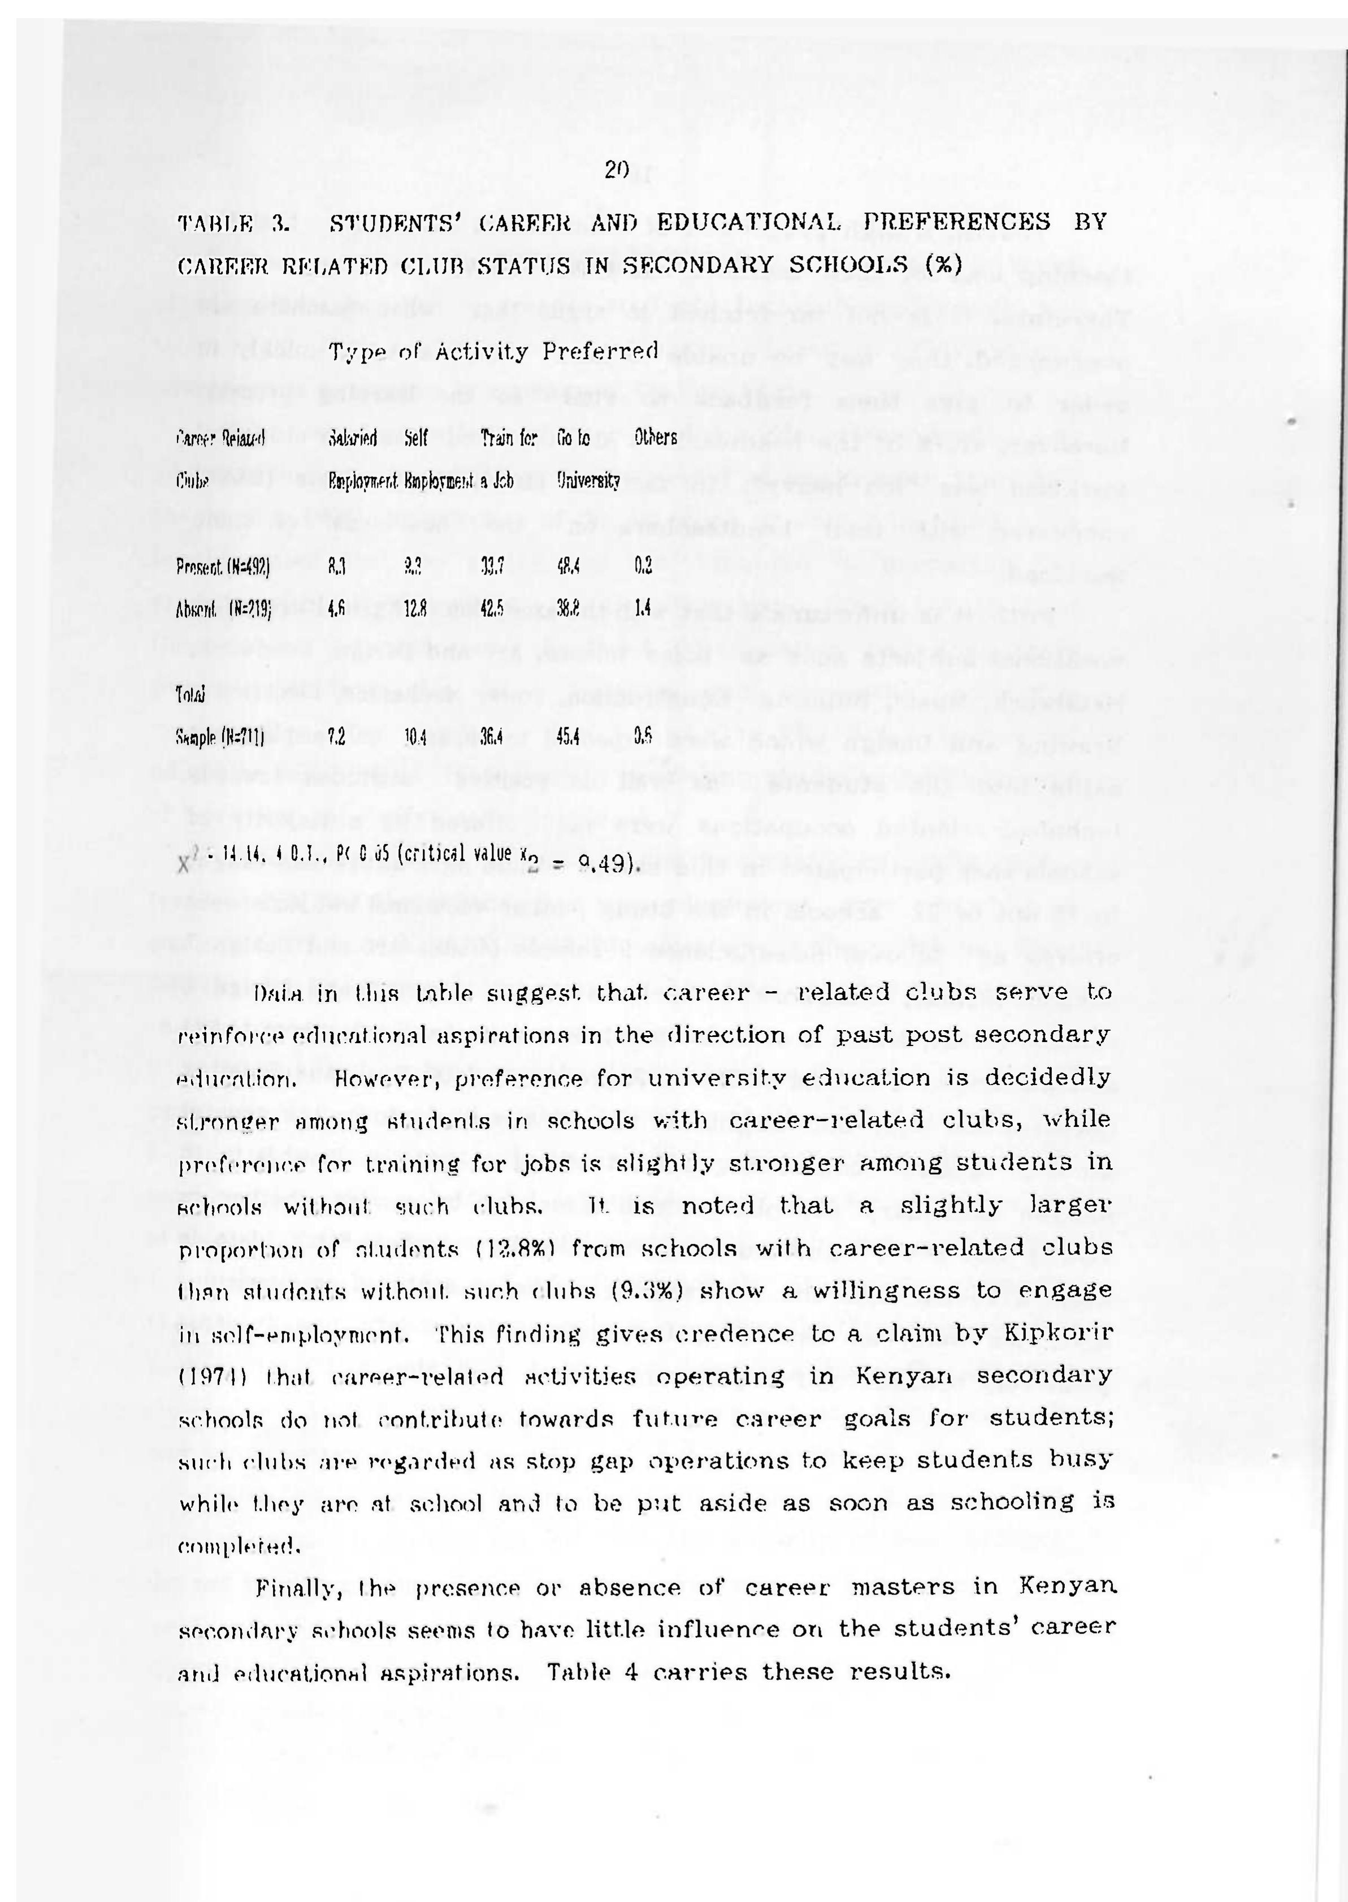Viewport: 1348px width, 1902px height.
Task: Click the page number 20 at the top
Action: coord(617,170)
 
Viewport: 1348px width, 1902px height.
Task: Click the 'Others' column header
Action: coord(656,436)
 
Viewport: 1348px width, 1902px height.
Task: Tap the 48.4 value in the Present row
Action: coord(568,568)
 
